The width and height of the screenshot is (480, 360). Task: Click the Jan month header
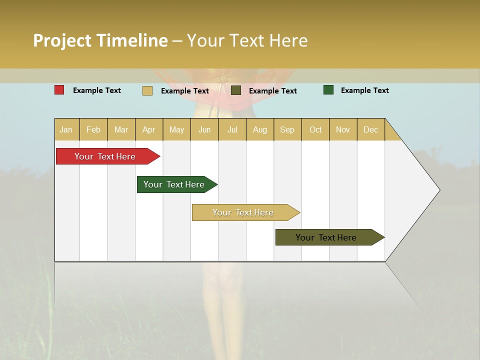[x=66, y=129]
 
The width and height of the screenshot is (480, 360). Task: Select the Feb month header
[x=93, y=129]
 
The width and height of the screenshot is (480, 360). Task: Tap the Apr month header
[x=148, y=129]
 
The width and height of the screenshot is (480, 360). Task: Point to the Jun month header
[x=204, y=129]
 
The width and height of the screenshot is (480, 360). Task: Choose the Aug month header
[x=259, y=129]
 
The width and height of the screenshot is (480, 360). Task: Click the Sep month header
[x=287, y=129]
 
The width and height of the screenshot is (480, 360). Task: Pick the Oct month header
[x=315, y=129]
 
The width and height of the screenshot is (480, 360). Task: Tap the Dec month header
[x=370, y=129]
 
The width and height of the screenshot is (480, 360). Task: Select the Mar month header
[x=121, y=129]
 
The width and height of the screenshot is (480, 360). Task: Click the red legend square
[x=59, y=90]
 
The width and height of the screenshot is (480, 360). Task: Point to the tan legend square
[x=147, y=90]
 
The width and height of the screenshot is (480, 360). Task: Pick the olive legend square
[x=236, y=90]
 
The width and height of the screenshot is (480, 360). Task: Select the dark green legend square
[x=328, y=90]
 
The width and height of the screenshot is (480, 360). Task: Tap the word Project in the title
[x=62, y=40]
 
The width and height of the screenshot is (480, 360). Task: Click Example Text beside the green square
[x=364, y=90]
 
